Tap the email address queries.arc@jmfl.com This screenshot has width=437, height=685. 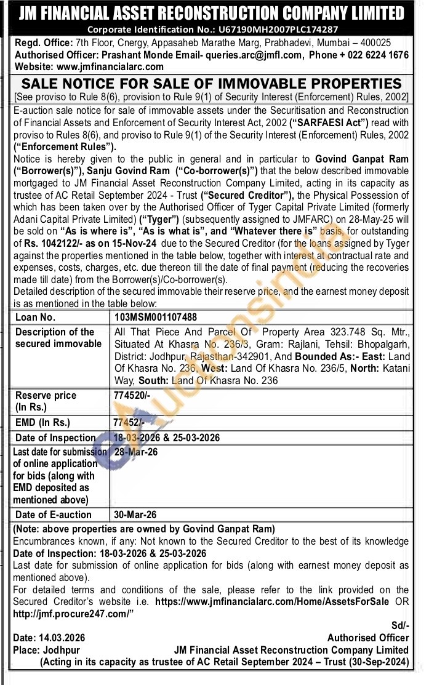pyautogui.click(x=257, y=55)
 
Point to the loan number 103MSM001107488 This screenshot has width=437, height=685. pyautogui.click(x=156, y=318)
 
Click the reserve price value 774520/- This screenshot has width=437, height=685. pyautogui.click(x=133, y=396)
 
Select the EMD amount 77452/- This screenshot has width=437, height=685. pyautogui.click(x=130, y=423)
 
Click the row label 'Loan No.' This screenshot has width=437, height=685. pyautogui.click(x=36, y=318)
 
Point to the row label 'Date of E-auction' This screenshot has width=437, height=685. pyautogui.click(x=54, y=515)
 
